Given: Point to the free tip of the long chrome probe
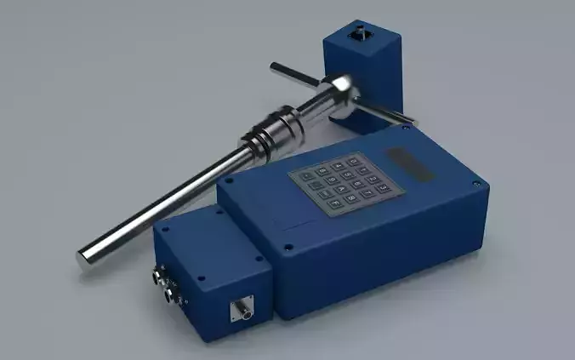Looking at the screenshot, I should pyautogui.click(x=86, y=257).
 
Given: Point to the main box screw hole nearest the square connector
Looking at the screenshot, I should pyautogui.click(x=288, y=249).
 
